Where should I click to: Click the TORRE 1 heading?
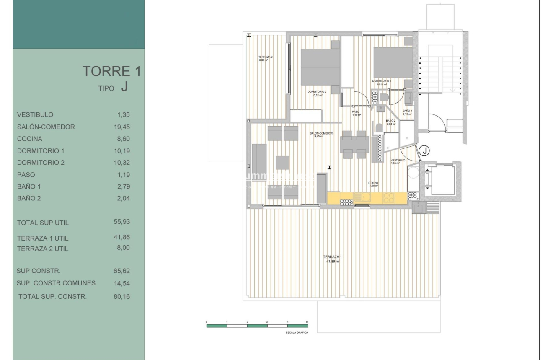(x=111, y=72)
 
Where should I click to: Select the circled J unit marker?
(x=424, y=150)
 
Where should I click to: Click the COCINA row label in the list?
(x=30, y=139)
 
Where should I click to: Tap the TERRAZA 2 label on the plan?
(x=265, y=57)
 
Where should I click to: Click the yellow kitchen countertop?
(x=367, y=198)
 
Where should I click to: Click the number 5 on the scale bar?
(x=307, y=321)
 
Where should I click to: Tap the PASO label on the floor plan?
(x=356, y=111)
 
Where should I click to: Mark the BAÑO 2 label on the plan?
(x=390, y=121)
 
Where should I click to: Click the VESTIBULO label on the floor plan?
(x=398, y=160)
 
